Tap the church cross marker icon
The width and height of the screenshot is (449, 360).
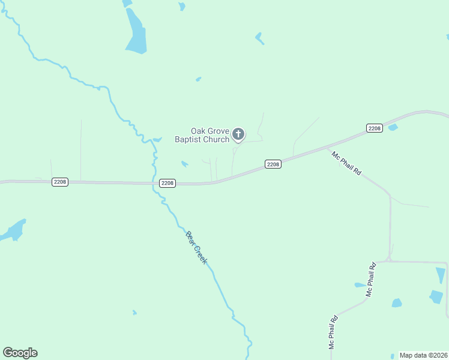point(238,134)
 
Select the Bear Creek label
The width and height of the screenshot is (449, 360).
point(196,248)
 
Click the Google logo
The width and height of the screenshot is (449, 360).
point(20,353)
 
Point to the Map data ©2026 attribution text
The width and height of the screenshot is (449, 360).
point(423,355)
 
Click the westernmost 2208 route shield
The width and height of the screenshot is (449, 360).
point(60,182)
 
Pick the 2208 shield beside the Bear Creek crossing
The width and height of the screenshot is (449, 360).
point(167,183)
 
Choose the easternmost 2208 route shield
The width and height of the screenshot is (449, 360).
point(375,128)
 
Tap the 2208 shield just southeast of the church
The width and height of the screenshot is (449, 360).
point(273,164)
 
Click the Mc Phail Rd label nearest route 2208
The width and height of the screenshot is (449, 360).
point(346,163)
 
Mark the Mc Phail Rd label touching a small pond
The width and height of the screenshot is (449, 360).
point(370,280)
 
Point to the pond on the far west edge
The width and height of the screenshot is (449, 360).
point(13,230)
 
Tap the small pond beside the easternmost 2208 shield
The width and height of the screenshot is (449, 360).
point(393,127)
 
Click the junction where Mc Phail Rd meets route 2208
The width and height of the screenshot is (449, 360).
point(328,146)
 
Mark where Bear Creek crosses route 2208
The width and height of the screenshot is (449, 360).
point(155,184)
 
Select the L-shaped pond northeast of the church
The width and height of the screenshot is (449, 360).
point(259,38)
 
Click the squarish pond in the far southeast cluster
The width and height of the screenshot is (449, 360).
point(436,296)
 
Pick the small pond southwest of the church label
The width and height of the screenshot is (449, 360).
point(184,163)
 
